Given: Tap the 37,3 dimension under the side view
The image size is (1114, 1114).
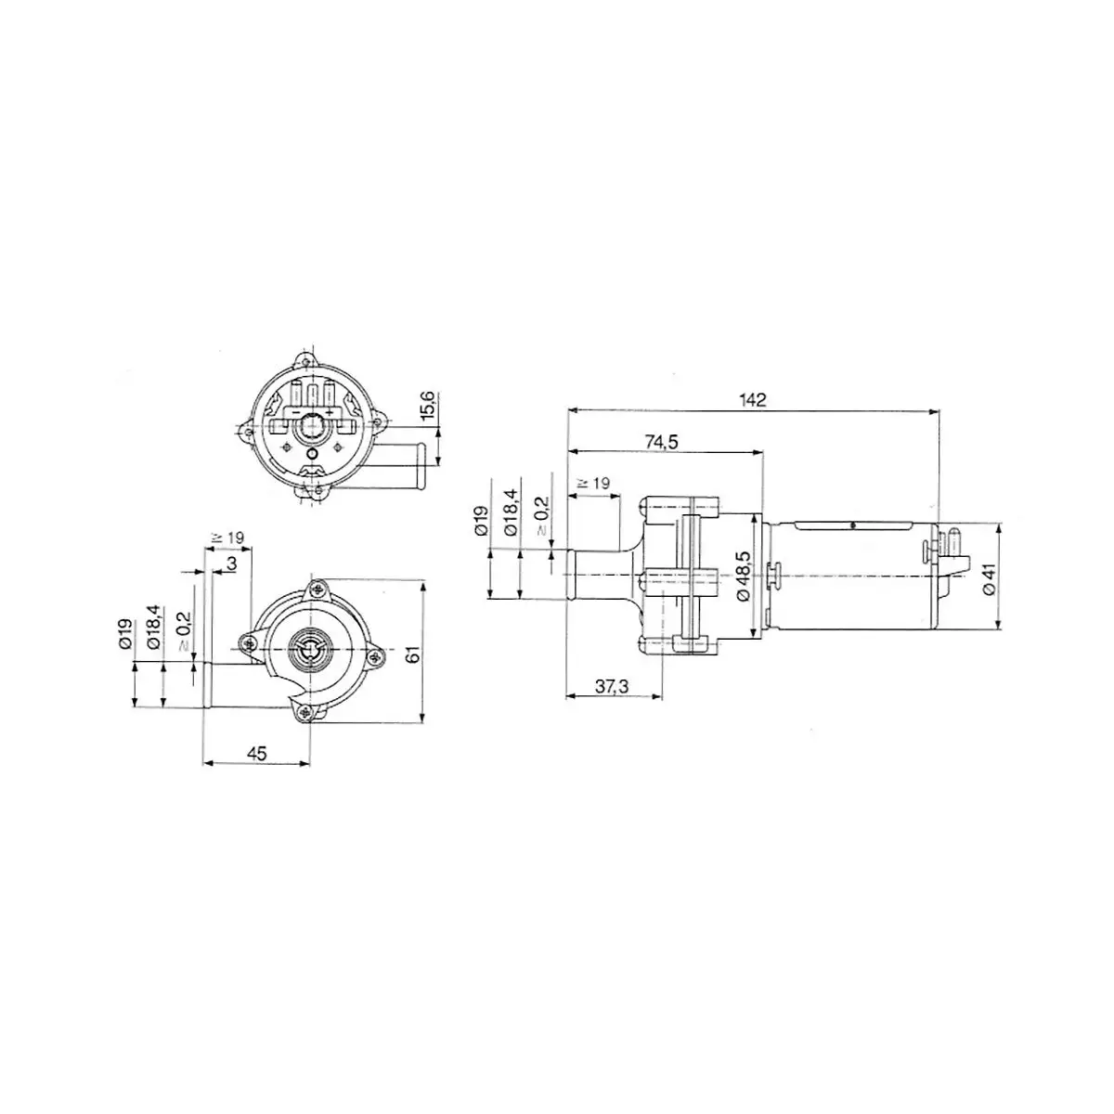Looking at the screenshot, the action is (612, 686).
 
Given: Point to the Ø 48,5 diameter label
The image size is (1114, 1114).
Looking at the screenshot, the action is (743, 576).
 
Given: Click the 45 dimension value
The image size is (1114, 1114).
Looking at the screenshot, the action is (256, 754).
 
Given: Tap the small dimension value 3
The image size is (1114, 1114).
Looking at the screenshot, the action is (232, 563).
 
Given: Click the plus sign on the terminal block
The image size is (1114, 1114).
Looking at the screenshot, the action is (330, 413).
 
